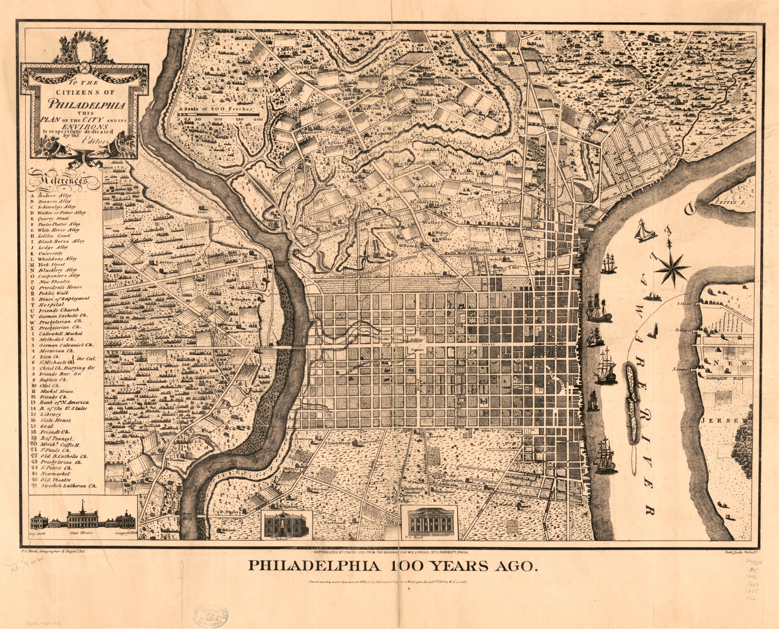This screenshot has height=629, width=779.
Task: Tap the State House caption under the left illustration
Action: (x=79, y=544)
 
